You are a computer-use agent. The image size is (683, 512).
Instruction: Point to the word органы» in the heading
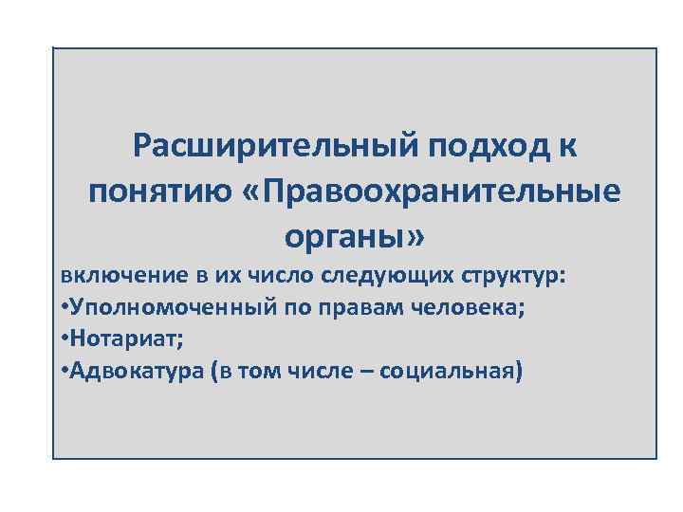pos(355,233)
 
